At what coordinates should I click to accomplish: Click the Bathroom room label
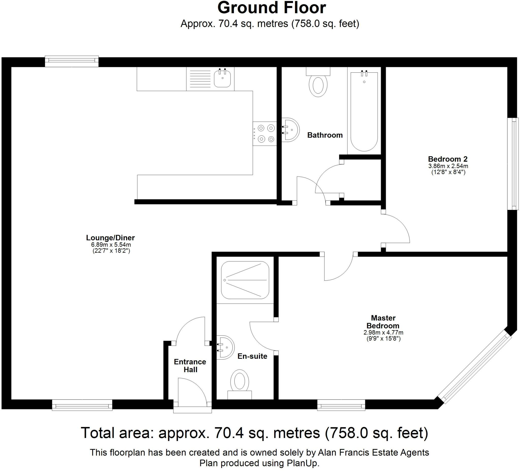[325, 135]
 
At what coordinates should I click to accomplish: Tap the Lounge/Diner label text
[110, 238]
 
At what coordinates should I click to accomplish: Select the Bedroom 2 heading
[448, 159]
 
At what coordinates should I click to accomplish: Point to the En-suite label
[252, 356]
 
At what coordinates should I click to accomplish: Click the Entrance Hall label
[190, 366]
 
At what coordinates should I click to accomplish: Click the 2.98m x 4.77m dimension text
[383, 333]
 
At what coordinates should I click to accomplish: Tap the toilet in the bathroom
[318, 82]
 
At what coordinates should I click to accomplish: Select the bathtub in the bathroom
[364, 111]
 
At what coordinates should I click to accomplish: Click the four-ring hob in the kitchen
[265, 133]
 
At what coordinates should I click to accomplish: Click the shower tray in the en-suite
[245, 280]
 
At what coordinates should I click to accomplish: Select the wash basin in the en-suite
[225, 347]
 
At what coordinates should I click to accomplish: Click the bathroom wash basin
[290, 130]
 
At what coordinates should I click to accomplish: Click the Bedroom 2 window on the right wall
[513, 164]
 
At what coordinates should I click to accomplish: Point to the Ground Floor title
[272, 8]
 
